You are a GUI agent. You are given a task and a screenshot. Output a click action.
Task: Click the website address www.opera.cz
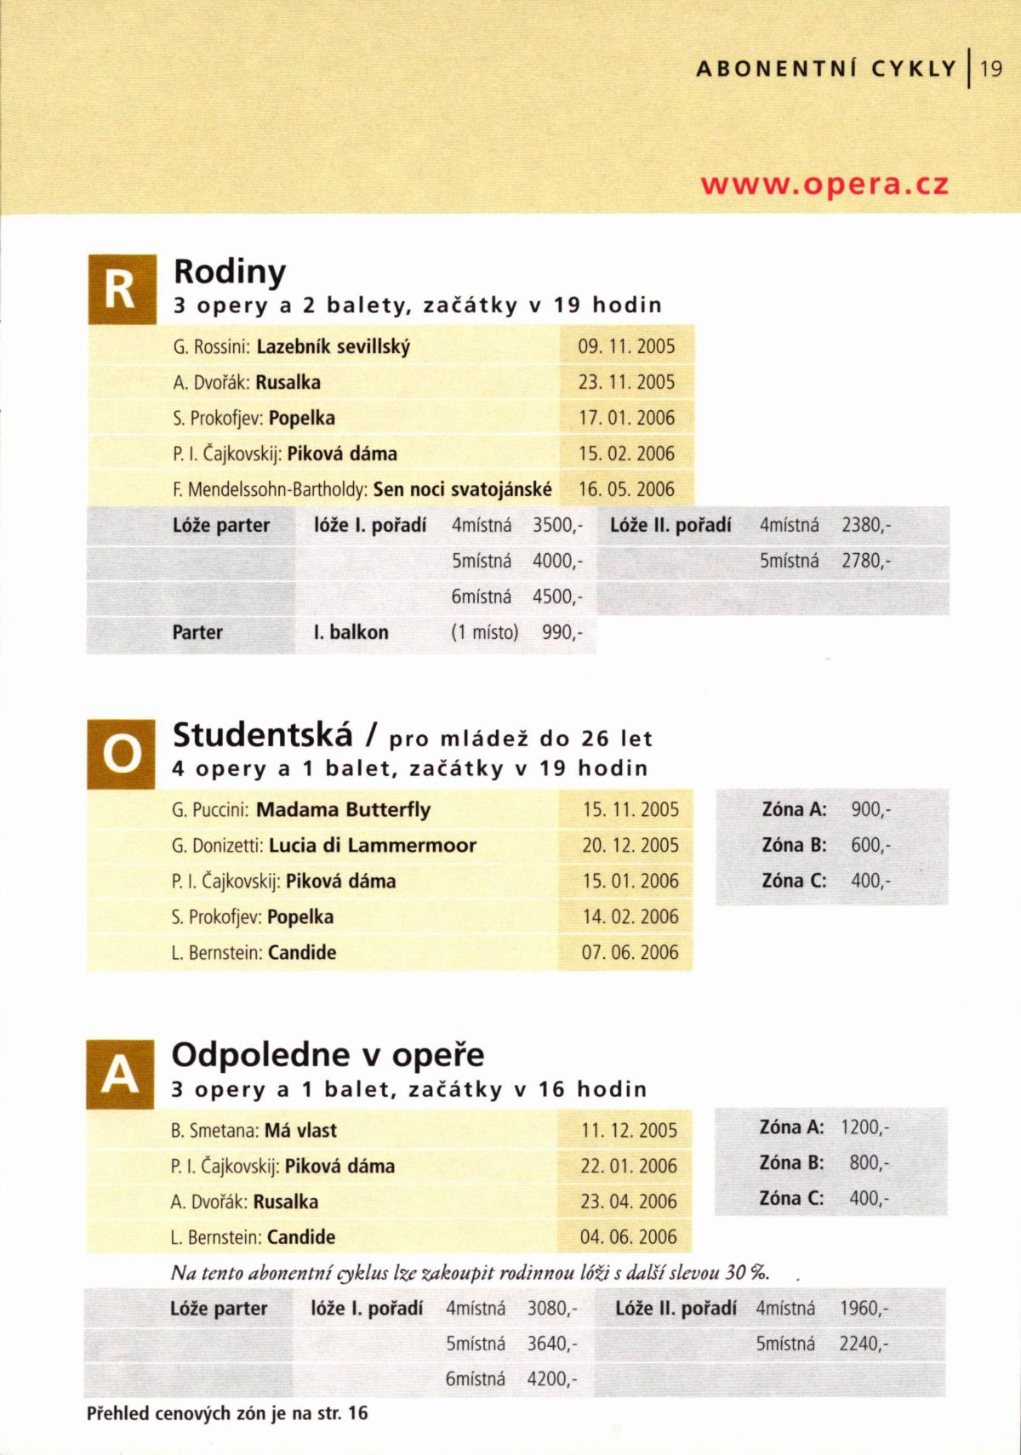click(x=824, y=185)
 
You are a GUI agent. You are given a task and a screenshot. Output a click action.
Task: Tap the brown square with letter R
click(x=122, y=289)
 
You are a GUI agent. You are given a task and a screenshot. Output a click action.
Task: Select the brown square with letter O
click(x=121, y=753)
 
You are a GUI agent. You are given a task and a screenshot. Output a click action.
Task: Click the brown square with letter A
click(x=120, y=1074)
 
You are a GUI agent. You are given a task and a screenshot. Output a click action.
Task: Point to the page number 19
click(x=992, y=68)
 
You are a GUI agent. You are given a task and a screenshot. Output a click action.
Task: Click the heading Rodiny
click(x=230, y=272)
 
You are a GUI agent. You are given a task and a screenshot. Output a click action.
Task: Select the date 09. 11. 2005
click(x=626, y=347)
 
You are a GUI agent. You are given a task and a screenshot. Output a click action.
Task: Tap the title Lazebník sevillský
click(x=334, y=347)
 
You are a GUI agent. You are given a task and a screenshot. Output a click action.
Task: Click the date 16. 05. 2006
click(x=626, y=489)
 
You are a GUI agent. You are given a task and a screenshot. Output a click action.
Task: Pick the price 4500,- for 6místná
click(x=557, y=596)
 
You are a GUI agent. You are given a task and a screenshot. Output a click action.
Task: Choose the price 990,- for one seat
click(x=562, y=632)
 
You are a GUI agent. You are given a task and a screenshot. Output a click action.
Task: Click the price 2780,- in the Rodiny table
click(x=866, y=561)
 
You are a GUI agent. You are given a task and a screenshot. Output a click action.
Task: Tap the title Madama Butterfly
click(x=343, y=809)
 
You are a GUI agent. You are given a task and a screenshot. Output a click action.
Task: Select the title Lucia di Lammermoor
click(x=373, y=846)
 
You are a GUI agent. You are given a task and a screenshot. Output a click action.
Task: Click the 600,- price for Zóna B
click(x=870, y=845)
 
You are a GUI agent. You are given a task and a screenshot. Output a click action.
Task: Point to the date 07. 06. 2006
click(x=630, y=952)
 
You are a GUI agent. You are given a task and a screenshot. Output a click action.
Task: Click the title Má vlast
click(x=300, y=1131)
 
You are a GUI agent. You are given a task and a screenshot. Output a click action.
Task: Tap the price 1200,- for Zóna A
click(x=864, y=1127)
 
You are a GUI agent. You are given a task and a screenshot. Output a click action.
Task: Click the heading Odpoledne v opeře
click(x=328, y=1055)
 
